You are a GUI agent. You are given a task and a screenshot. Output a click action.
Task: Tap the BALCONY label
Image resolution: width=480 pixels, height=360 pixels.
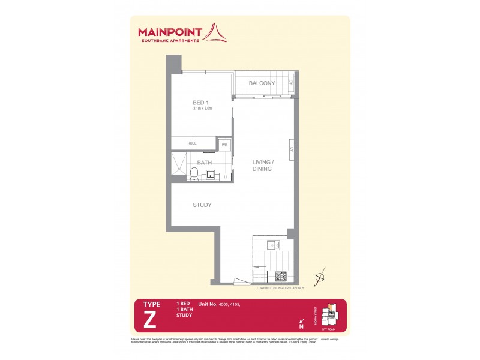[x=263, y=83]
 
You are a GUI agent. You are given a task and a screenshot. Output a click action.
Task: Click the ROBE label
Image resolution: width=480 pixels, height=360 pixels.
[x=192, y=143]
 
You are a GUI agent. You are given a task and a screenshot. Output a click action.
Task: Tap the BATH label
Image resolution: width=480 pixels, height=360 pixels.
[x=205, y=162]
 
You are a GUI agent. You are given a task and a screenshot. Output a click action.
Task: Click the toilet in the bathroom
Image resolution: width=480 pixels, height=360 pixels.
[x=194, y=174]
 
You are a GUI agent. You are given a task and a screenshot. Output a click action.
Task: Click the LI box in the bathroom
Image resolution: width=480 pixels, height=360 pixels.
[x=226, y=176]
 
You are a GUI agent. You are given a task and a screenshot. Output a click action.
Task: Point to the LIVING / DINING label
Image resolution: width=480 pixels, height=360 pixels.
[x=262, y=166]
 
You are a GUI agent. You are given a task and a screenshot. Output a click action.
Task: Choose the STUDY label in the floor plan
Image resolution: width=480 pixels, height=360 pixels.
[x=202, y=205]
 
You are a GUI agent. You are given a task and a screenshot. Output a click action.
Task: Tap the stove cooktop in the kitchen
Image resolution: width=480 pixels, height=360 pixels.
[x=281, y=276]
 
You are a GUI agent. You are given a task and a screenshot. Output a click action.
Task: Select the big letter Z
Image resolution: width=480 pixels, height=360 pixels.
[x=150, y=320]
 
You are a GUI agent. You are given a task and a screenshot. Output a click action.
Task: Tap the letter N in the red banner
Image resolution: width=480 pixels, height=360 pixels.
[x=301, y=327]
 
